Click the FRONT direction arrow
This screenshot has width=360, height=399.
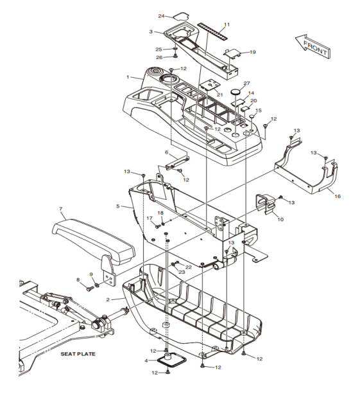pyautogui.click(x=313, y=46)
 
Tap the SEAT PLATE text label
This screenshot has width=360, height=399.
pyautogui.click(x=78, y=354)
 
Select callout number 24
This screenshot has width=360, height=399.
pyautogui.click(x=161, y=16)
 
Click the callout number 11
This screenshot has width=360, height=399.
pyautogui.click(x=227, y=24)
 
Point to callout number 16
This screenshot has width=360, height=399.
pyautogui.click(x=338, y=196)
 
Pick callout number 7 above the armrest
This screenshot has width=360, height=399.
pyautogui.click(x=60, y=209)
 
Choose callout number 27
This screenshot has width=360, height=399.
pyautogui.click(x=246, y=84)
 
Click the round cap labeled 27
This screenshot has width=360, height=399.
pyautogui.click(x=236, y=91)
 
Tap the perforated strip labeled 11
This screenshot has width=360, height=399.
pyautogui.click(x=212, y=31)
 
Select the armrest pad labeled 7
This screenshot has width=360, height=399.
pyautogui.click(x=93, y=239)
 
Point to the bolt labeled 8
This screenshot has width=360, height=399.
pyautogui.click(x=89, y=288)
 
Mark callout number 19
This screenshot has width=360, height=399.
pyautogui.click(x=253, y=52)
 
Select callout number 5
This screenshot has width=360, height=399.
pyautogui.click(x=117, y=206)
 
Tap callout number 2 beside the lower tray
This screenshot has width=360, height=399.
pyautogui.click(x=108, y=299)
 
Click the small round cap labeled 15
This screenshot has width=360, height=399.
pyautogui.click(x=252, y=116)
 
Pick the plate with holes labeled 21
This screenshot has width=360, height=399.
pyautogui.click(x=210, y=85)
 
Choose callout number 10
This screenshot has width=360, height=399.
pyautogui.click(x=280, y=219)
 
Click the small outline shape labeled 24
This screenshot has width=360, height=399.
pyautogui.click(x=182, y=16)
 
